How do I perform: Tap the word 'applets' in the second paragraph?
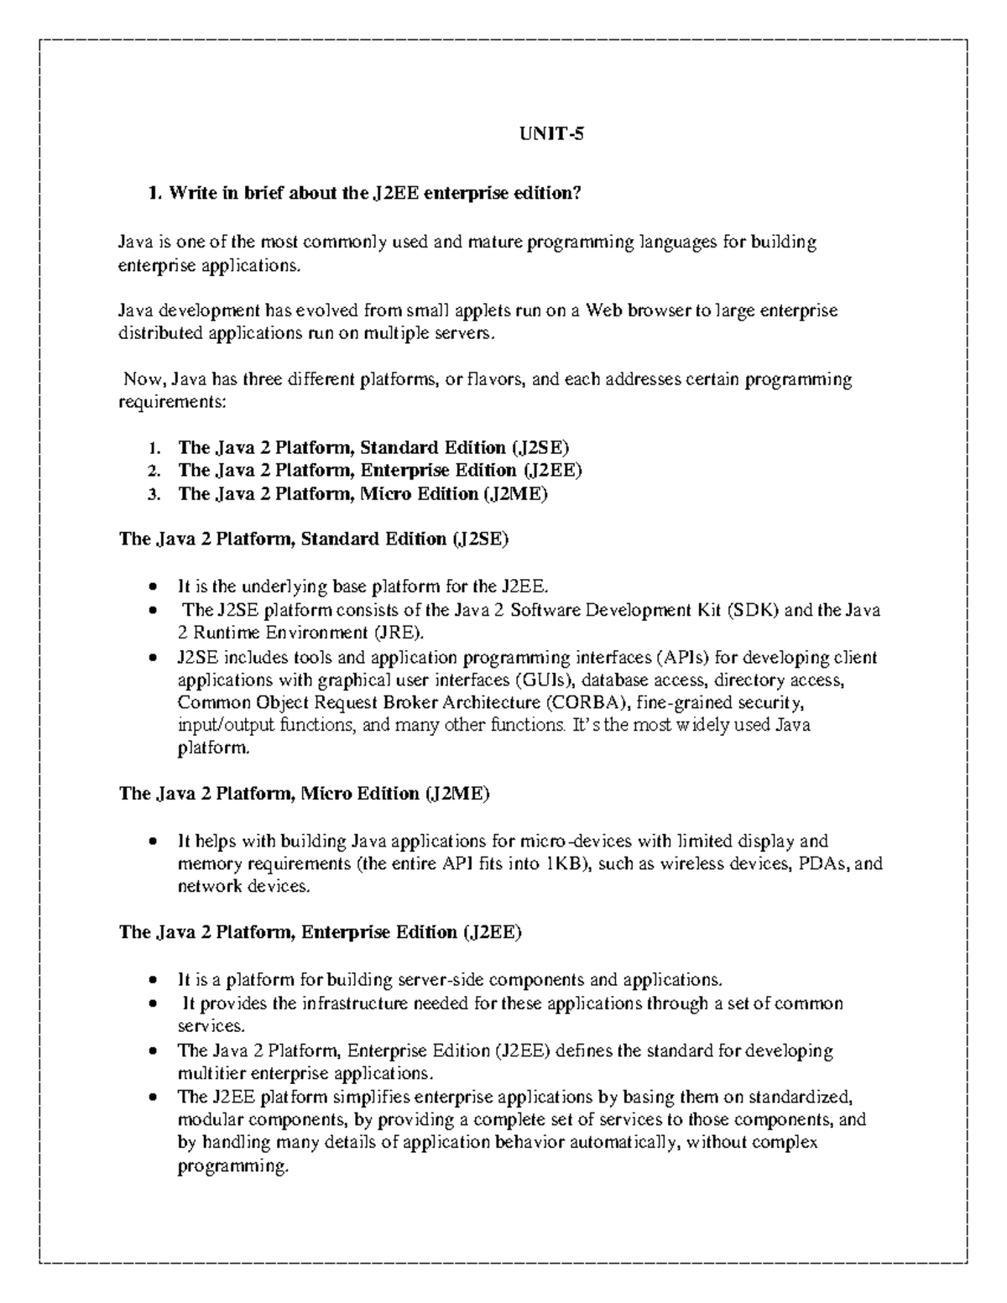point(481,311)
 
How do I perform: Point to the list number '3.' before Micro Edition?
point(153,494)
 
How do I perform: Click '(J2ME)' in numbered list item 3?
point(514,494)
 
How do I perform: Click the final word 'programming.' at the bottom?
point(232,1166)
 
